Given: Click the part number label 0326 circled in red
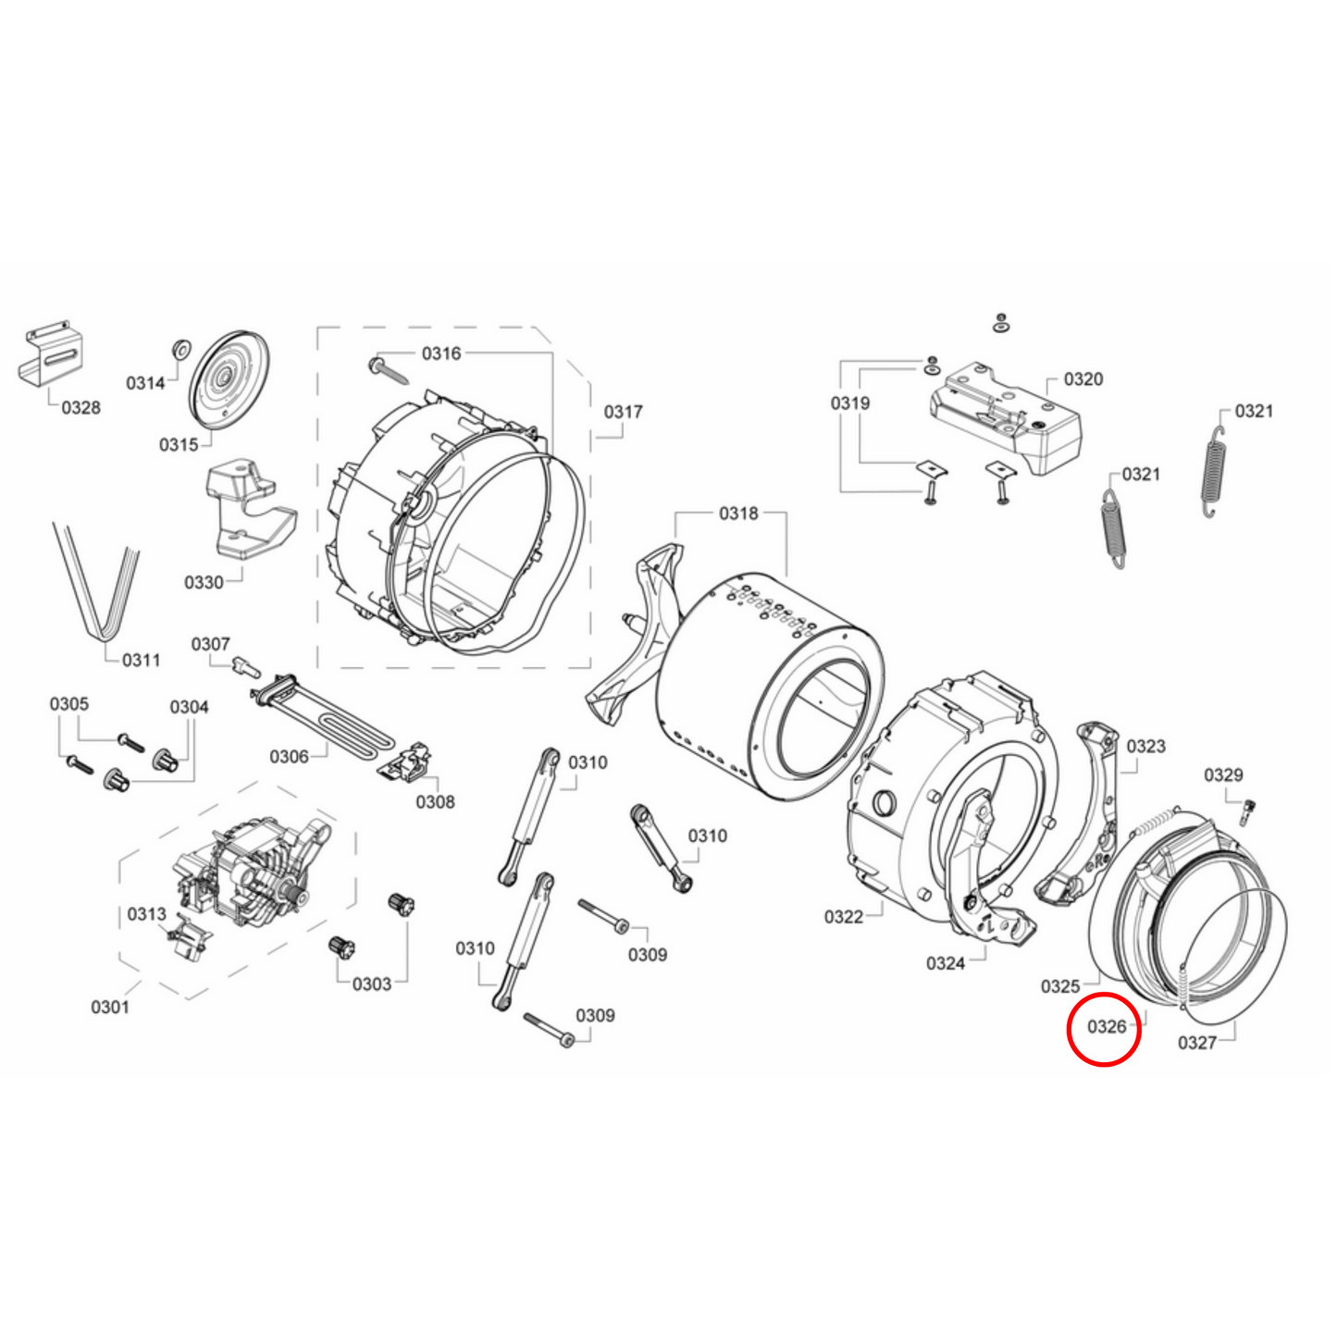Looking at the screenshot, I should pyautogui.click(x=1106, y=1027).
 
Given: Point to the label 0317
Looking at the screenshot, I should pyautogui.click(x=623, y=412).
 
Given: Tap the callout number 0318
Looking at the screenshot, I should pyautogui.click(x=738, y=514).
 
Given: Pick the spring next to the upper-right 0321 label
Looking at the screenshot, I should pyautogui.click(x=1214, y=472).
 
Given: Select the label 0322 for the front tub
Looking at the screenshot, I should pyautogui.click(x=843, y=917).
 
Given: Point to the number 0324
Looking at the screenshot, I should pyautogui.click(x=945, y=963).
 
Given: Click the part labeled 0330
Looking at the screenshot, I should pyautogui.click(x=245, y=514).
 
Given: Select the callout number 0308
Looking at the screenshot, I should pyautogui.click(x=435, y=801).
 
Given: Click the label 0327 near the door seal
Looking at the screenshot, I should pyautogui.click(x=1196, y=1043).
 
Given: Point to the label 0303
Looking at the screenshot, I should pyautogui.click(x=371, y=984).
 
